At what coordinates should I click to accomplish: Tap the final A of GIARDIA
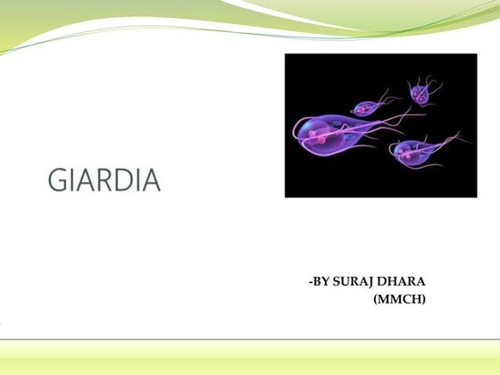[149, 180]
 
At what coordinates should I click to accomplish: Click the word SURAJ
[354, 282]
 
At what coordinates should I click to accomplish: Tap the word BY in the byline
[321, 282]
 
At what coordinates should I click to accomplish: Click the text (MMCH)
[399, 298]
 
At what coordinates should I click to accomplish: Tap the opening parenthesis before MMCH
[375, 298]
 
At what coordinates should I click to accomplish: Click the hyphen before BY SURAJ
[309, 283]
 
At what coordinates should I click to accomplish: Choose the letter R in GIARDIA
[101, 180]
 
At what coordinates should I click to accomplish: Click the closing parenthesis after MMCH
[424, 298]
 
